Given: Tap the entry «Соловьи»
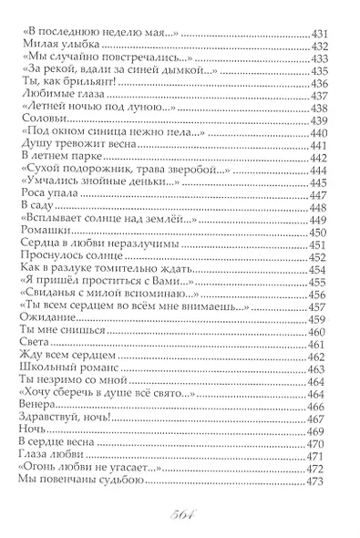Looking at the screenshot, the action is click(x=40, y=119).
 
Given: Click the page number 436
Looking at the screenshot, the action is click(x=327, y=82).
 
